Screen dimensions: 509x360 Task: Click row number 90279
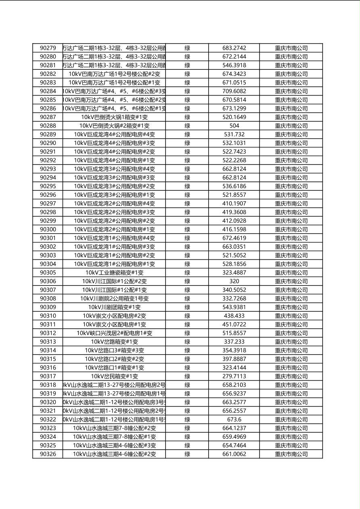pos(48,48)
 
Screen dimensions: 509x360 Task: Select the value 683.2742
pos(234,48)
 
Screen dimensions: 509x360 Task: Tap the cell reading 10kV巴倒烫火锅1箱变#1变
pos(114,117)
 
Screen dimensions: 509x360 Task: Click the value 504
pos(234,126)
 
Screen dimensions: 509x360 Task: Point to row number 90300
pos(48,229)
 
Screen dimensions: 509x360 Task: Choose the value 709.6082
pos(234,91)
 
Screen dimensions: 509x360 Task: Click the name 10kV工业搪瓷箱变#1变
pos(114,273)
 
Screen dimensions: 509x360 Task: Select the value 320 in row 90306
pos(234,282)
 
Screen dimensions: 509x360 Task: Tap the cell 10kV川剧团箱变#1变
pos(114,307)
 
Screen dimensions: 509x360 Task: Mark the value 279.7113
pos(234,376)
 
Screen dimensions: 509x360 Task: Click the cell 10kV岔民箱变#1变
pos(114,376)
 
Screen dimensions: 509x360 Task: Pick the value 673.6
pos(234,419)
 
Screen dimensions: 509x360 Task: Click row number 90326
pos(48,454)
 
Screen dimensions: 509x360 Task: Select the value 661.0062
pos(234,454)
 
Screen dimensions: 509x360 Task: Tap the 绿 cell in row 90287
pos(187,117)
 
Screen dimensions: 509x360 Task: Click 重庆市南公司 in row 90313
pos(291,342)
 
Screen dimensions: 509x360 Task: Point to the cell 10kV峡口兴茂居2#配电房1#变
pos(114,333)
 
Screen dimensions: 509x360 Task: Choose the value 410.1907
pos(234,204)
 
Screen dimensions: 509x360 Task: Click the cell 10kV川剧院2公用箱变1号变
pos(114,299)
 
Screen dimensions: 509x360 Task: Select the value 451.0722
pos(234,325)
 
